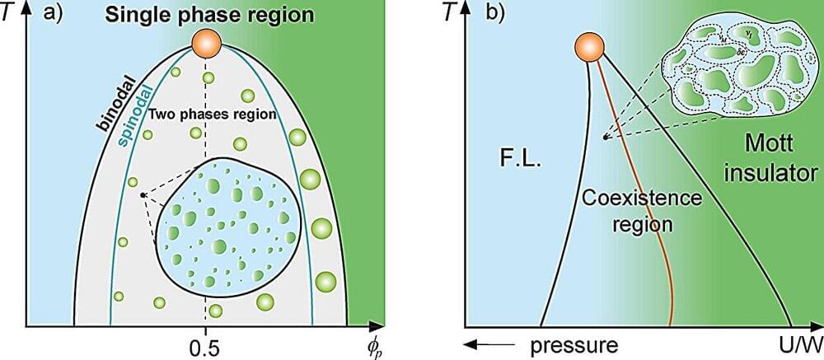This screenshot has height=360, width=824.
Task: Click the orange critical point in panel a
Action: coord(206,43)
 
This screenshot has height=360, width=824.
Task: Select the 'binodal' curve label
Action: coord(115,108)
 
